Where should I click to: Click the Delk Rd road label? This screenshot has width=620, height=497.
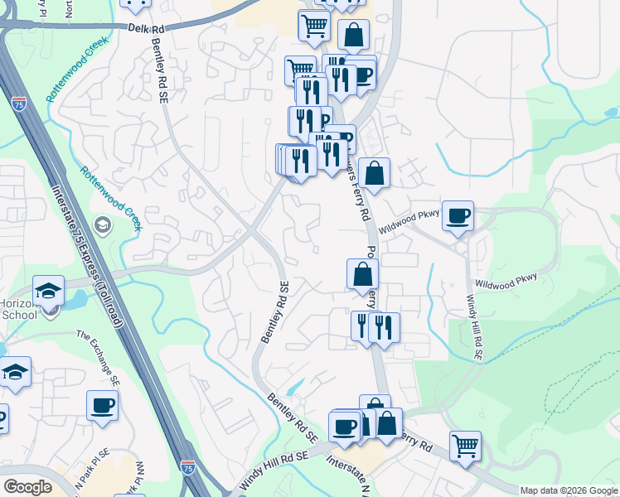click(146, 28)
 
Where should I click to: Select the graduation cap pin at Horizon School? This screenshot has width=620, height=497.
click(48, 291)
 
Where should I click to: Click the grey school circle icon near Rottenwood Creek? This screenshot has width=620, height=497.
click(102, 224)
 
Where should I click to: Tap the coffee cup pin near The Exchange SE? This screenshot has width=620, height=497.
click(103, 406)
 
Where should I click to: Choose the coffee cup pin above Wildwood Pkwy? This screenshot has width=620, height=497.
click(458, 216)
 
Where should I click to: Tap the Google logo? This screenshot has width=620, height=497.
click(28, 487)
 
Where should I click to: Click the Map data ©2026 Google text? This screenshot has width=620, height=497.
click(569, 490)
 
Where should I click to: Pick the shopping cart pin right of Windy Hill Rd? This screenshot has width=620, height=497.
click(465, 446)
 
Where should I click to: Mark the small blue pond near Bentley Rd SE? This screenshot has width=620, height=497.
click(294, 387)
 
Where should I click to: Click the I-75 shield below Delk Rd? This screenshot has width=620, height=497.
click(19, 104)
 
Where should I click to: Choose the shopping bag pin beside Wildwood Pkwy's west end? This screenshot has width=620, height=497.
click(375, 174)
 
